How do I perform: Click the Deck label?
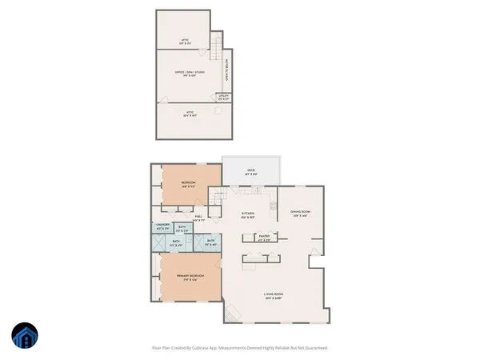click(250, 170)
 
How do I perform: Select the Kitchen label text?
click(248, 213)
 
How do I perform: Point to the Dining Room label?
click(301, 213)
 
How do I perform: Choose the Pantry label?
click(263, 235)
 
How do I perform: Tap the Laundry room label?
click(162, 226)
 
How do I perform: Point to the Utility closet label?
click(224, 97)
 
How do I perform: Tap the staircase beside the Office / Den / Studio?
click(214, 50)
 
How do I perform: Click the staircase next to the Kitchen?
click(218, 199)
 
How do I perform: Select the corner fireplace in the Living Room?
click(230, 314)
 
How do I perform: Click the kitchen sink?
click(258, 191)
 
